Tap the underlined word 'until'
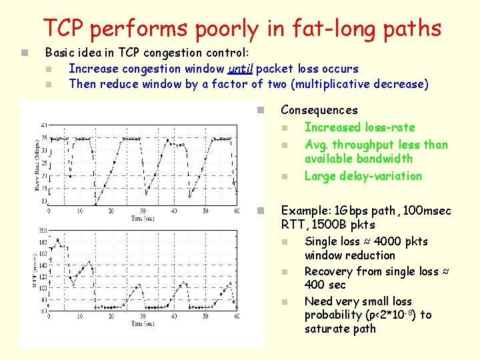pos(240,69)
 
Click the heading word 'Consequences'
pos(319,110)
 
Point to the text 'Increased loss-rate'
pos(359,127)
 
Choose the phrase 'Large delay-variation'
pos(363,176)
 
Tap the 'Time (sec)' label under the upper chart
pos(142,218)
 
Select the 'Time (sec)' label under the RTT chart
pos(142,323)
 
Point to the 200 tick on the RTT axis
pos(43,231)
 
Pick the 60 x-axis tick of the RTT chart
pos(235,315)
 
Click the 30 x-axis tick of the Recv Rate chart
pos(142,211)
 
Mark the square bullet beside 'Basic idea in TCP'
pos(23,53)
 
